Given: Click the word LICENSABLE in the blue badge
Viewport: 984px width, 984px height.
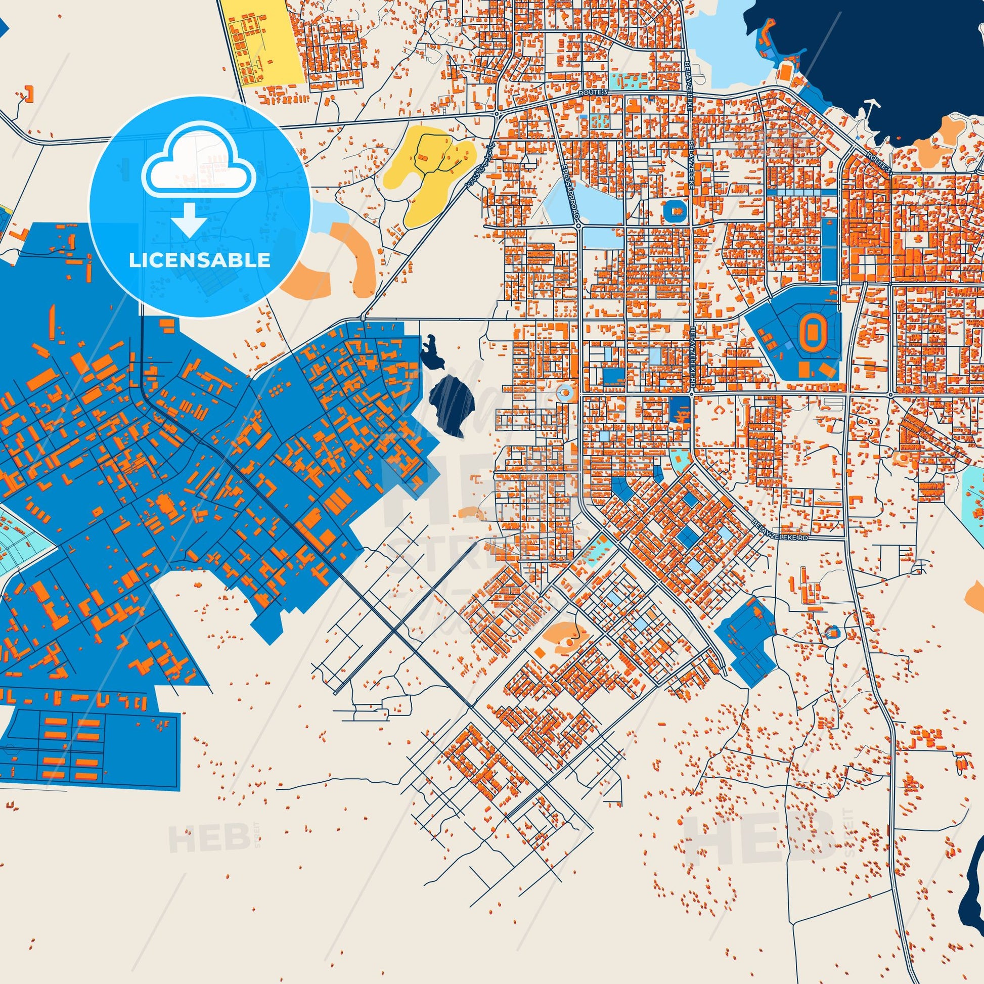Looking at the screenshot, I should point(200,260).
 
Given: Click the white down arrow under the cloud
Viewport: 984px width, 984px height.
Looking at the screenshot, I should point(189,219).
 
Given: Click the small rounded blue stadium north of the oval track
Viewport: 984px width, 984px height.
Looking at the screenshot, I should point(676,210).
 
